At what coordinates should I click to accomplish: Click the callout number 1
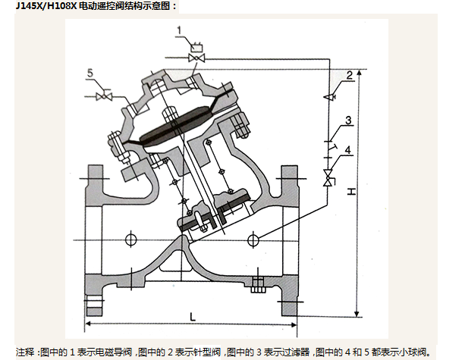[x=179, y=30]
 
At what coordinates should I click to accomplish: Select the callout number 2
[x=350, y=74]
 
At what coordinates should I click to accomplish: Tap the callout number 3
[x=347, y=121]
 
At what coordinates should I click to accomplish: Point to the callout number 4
[x=347, y=150]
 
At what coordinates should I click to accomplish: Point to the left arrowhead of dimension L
[x=89, y=324]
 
